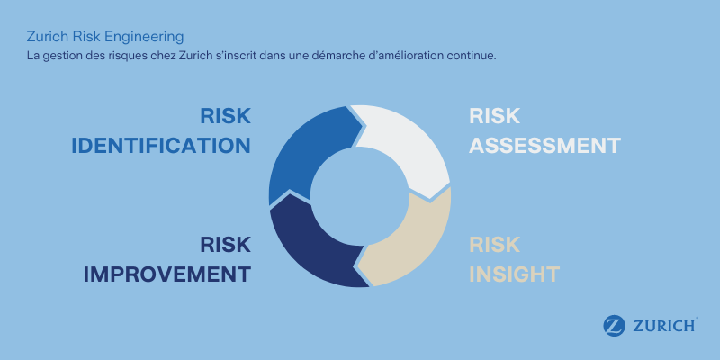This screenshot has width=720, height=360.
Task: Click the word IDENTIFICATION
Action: coord(161,145)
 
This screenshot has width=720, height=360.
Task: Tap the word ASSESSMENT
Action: coord(545,145)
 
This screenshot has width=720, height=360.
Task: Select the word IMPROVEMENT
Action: coord(167,274)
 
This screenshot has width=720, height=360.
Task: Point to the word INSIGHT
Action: coord(515,274)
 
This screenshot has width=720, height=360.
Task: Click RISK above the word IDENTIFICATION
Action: coord(225,116)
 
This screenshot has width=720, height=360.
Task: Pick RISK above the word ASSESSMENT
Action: coord(495,116)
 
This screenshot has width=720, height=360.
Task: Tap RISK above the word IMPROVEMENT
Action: coord(225,245)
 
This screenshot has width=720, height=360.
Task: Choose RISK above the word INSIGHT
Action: coord(495,245)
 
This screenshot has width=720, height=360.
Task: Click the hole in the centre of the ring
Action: coord(359,195)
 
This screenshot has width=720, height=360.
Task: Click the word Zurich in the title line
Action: coord(45,37)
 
